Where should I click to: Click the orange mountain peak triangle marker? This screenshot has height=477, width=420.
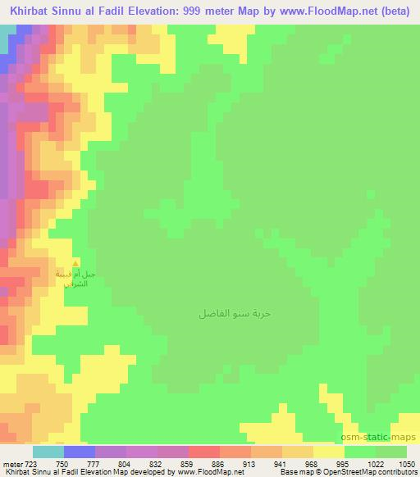(76, 263)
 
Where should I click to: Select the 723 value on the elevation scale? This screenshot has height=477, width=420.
(30, 464)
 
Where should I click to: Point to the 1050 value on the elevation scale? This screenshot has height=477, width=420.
(397, 464)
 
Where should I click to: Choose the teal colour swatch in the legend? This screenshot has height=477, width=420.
(48, 452)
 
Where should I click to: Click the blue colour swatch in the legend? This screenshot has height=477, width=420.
(79, 452)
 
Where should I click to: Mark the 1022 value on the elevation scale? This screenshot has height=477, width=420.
(358, 464)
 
